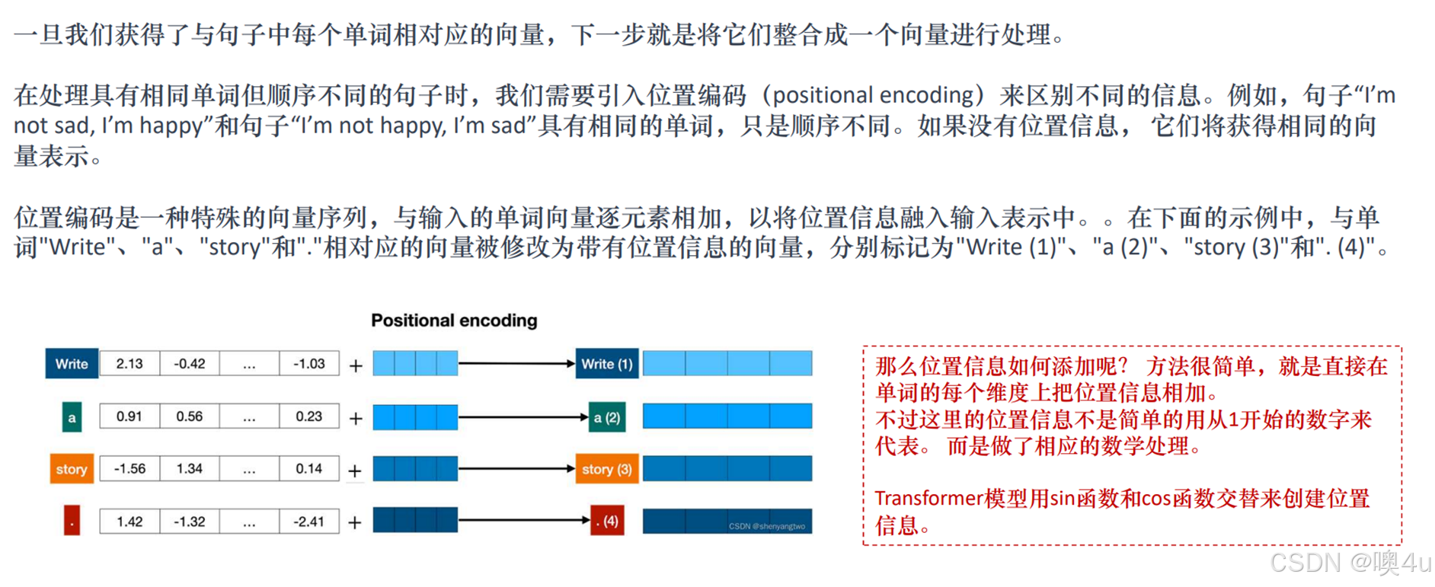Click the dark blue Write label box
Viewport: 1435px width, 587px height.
pos(72,364)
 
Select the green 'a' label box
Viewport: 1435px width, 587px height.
pos(72,417)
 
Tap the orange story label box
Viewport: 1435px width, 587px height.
pos(72,469)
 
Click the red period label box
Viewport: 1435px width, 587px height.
pos(72,522)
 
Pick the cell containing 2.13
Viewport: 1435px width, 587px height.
pos(129,364)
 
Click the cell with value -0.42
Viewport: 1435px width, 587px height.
pos(190,364)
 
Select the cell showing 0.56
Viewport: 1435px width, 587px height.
pos(190,416)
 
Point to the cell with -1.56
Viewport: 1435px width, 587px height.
pos(129,469)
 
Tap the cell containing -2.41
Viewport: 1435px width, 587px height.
pos(309,522)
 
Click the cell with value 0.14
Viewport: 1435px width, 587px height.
pos(309,469)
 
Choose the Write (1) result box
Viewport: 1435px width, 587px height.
pos(606,364)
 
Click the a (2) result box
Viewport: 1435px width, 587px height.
pos(607,417)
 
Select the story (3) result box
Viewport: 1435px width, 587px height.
pos(606,469)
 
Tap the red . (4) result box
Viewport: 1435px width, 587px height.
pos(607,522)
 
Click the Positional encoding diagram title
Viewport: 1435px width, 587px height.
pos(454,321)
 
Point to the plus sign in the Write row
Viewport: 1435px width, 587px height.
pos(356,366)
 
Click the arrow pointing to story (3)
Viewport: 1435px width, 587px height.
pos(516,469)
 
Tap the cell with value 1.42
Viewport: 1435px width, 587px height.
pos(129,522)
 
